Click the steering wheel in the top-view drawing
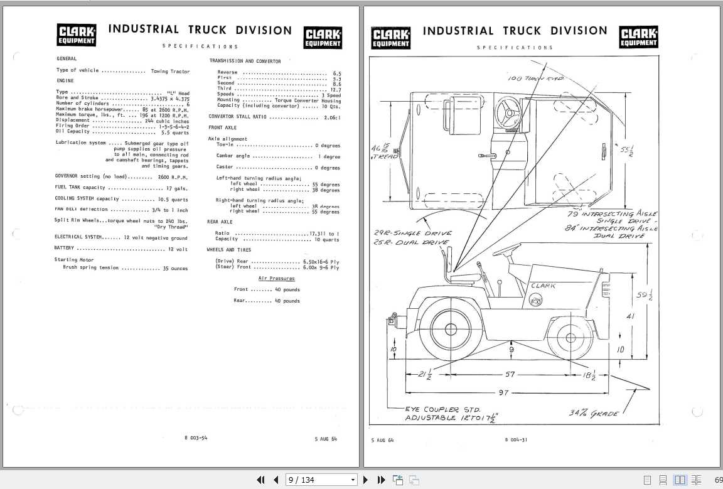pos(508,114)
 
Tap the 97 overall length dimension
pos(503,392)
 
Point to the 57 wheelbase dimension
pos(510,375)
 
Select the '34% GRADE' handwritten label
pos(593,413)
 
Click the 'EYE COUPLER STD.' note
pos(442,409)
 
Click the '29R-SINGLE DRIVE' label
pos(412,234)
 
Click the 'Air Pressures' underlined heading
pos(276,278)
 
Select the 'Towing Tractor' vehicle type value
pos(170,71)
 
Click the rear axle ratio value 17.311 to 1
pos(324,234)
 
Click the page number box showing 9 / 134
pos(320,480)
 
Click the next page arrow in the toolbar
pos(366,480)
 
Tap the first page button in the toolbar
pos(261,480)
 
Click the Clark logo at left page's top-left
pos(77,35)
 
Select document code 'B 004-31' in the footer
pos(516,439)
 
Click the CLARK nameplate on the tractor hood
pos(543,286)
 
